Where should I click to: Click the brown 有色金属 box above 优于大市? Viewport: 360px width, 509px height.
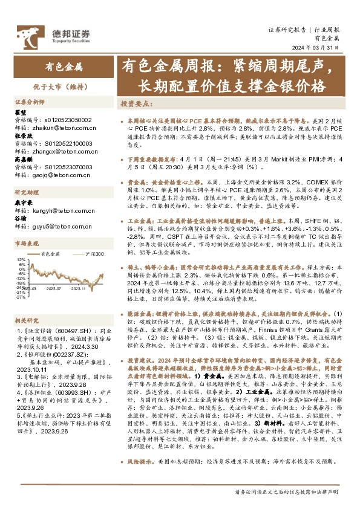pyautogui.click(x=64, y=66)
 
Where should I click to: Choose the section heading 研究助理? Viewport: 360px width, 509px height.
pyautogui.click(x=26, y=193)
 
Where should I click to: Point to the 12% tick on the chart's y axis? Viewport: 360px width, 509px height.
pyautogui.click(x=21, y=259)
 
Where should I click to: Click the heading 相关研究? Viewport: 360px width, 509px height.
pyautogui.click(x=26, y=320)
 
